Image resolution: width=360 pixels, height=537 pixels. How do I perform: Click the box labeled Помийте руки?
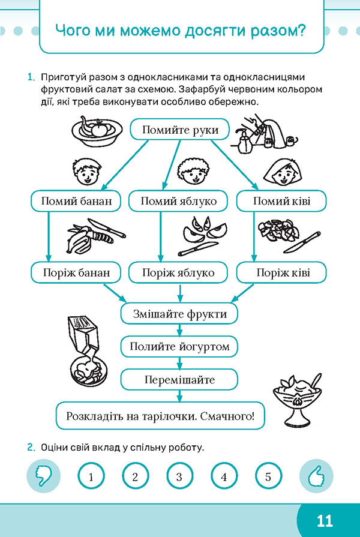(179, 130)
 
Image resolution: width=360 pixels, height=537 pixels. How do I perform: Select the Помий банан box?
(76, 200)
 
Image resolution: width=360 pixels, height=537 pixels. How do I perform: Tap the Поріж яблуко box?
(178, 272)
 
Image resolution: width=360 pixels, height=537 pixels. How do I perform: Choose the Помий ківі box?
(281, 200)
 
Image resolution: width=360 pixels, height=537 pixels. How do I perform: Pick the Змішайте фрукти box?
(179, 314)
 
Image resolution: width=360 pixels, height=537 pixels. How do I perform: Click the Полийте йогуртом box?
(179, 347)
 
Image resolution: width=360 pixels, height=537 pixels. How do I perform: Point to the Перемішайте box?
(179, 379)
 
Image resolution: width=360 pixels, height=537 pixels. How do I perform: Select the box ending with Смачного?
(160, 416)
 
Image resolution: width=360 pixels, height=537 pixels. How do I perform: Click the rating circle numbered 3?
(179, 476)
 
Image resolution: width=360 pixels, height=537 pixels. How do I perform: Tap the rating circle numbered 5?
(268, 476)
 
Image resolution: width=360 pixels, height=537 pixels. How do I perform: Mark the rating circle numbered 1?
(91, 476)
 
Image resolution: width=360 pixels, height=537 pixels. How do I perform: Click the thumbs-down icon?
(44, 476)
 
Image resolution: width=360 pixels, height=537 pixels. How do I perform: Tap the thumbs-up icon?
(316, 476)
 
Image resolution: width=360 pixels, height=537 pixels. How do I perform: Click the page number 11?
(325, 521)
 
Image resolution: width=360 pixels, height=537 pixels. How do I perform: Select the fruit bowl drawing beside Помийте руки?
(97, 131)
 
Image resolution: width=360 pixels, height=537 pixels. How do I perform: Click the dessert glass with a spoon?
(298, 400)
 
